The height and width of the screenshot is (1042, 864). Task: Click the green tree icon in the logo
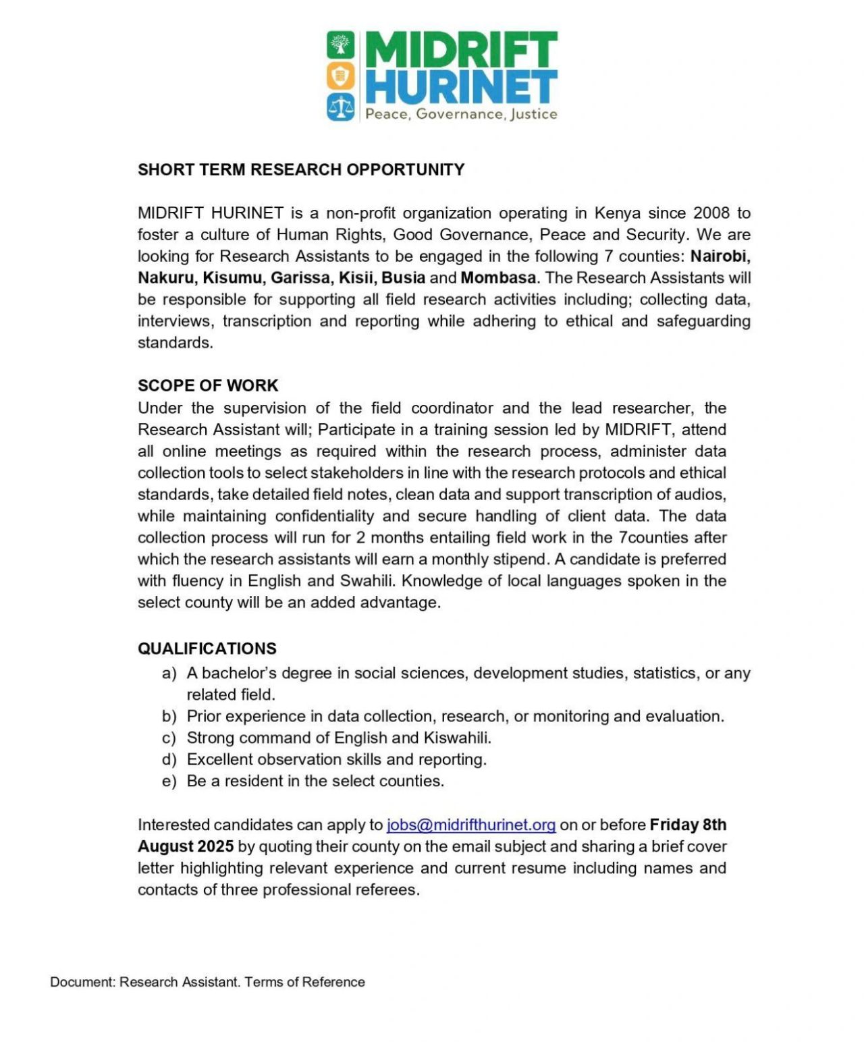point(341,45)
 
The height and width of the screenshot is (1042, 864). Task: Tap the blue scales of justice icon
point(341,107)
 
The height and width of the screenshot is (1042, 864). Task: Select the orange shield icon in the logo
point(341,76)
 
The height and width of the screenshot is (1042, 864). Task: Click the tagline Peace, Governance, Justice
point(461,114)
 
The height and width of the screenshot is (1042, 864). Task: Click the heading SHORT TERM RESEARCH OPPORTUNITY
point(301,169)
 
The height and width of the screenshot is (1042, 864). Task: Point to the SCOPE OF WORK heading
point(208,385)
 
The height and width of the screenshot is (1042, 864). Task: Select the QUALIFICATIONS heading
point(207,649)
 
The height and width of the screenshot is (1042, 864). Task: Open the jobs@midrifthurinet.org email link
point(471,825)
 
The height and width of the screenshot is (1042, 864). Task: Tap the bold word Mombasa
point(498,278)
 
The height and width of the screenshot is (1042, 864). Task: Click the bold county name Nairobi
point(720,256)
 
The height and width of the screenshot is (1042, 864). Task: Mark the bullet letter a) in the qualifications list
point(169,674)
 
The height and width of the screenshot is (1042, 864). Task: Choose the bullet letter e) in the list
point(169,781)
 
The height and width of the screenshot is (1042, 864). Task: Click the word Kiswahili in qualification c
point(457,738)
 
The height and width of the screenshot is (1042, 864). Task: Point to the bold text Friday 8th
point(688,825)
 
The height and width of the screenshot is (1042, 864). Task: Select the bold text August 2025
point(186,846)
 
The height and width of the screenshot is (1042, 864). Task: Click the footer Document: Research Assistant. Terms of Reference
point(207,982)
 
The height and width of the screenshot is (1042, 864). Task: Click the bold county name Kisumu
point(232,278)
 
